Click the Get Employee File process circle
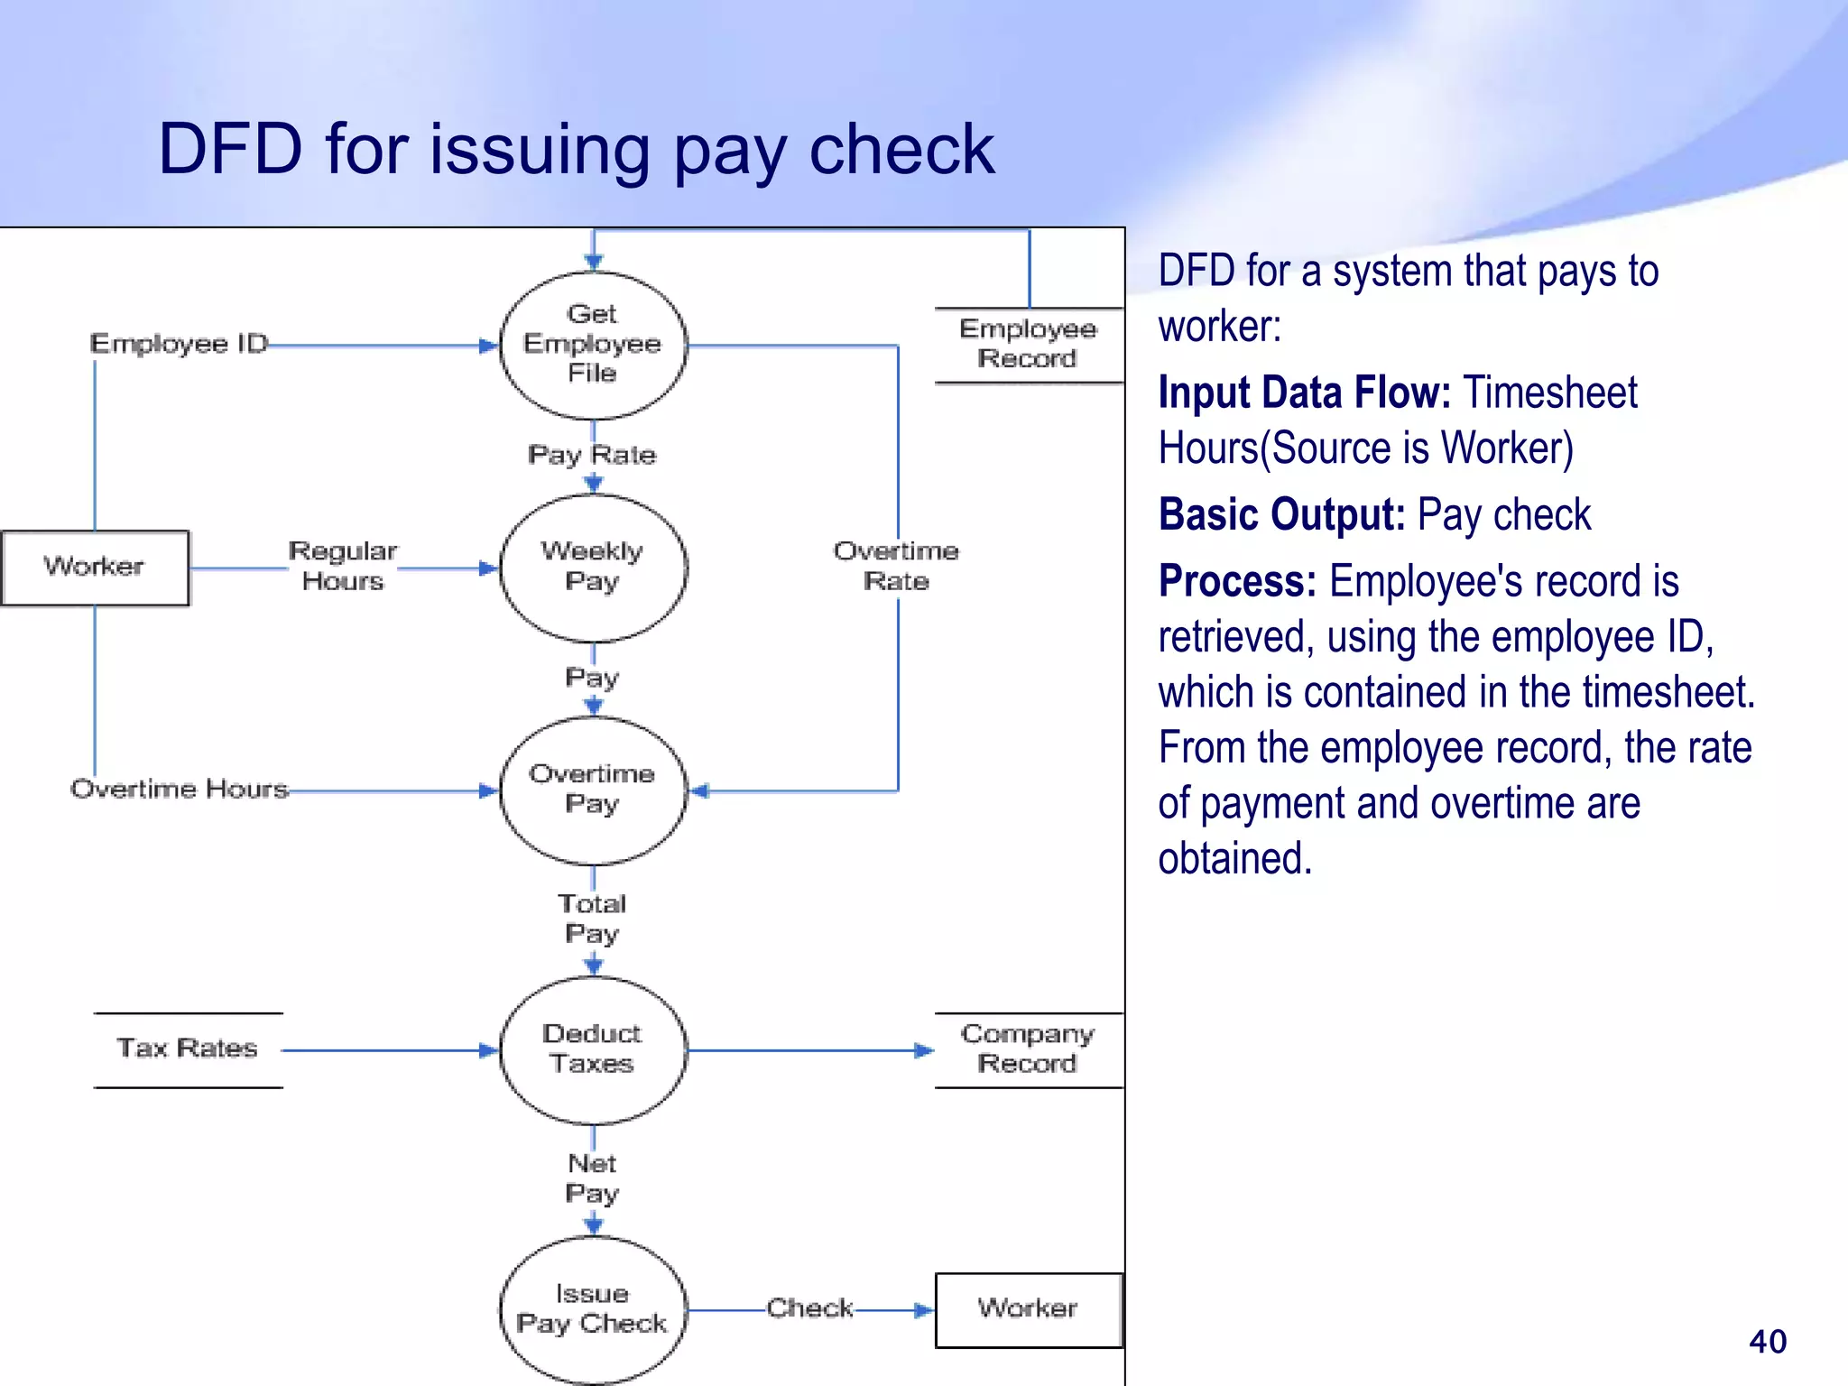pos(593,345)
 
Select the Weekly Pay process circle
pos(593,568)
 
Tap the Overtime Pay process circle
pos(593,790)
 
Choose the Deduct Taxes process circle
pos(593,1049)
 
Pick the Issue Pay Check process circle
pos(593,1309)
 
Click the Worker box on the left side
pos(95,568)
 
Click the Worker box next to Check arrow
pos(1028,1309)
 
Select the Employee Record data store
pos(1028,345)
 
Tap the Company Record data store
pos(1028,1049)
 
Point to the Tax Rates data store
pos(188,1049)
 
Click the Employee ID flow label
pos(180,344)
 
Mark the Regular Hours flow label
pos(343,567)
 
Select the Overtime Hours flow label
pos(180,790)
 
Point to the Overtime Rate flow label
pos(896,567)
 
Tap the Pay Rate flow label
pos(592,455)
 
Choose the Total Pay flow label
pos(592,919)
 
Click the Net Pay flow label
pos(592,1178)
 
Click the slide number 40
pos(1767,1342)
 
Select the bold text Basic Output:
pos(1281,515)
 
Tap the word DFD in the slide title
pos(230,149)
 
